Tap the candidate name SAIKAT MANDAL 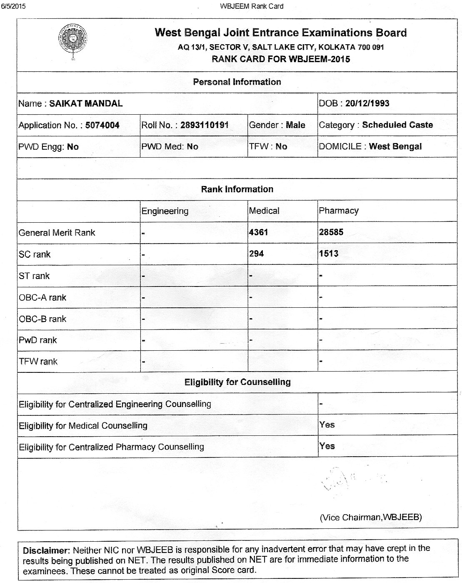86,103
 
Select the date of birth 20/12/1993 367,103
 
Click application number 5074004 102,125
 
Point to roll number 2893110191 204,125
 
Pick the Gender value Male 295,125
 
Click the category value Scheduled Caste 397,125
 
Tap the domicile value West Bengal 395,146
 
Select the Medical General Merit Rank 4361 258,232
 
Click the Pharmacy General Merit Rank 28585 331,232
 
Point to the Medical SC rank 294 256,254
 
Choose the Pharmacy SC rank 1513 328,254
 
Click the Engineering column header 165,211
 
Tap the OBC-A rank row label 42,297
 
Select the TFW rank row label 38,362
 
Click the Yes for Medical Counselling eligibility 327,425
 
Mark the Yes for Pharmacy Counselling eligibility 327,446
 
